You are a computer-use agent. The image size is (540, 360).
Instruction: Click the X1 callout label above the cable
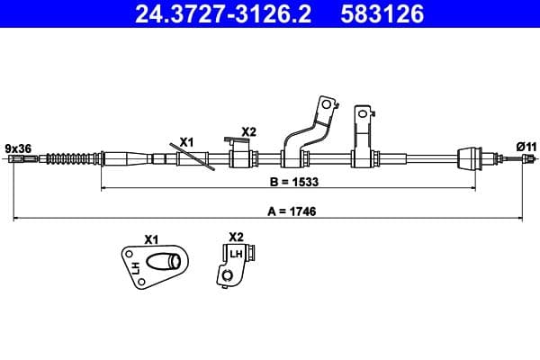point(186,142)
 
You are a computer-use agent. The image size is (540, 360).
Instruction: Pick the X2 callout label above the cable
point(248,131)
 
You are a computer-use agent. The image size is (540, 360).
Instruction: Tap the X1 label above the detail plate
point(151,240)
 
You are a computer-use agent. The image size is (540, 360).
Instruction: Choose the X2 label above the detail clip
point(236,237)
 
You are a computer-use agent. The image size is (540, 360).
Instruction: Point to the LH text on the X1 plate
point(136,267)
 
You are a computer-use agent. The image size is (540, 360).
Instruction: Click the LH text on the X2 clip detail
point(236,255)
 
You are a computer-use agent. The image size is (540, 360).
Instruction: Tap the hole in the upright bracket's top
point(364,113)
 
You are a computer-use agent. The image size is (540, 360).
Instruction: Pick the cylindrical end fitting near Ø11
point(470,158)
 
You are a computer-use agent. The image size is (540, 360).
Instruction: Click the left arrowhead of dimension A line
point(15,219)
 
